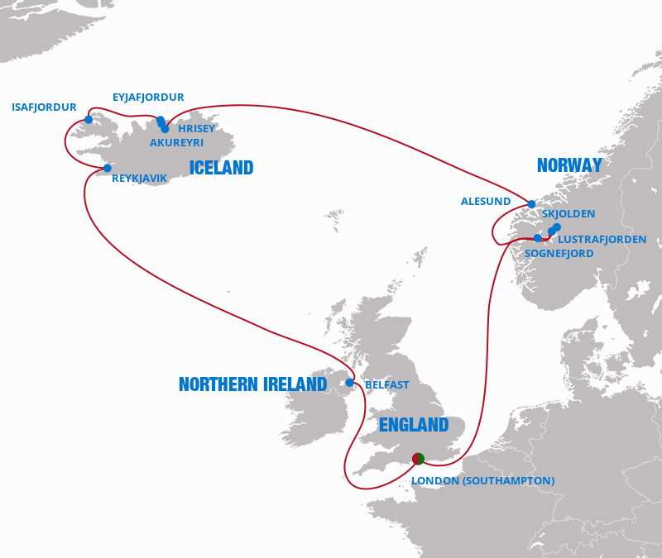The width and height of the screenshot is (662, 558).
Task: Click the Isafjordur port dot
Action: point(89,120)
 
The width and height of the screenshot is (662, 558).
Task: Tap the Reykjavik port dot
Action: point(107,169)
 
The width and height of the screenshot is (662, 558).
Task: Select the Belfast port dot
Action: point(350,383)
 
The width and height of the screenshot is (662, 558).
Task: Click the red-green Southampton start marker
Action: point(418,458)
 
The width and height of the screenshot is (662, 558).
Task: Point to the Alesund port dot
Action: point(531,204)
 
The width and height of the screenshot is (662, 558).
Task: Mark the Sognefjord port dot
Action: point(537,238)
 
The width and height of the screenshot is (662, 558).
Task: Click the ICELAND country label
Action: point(221,169)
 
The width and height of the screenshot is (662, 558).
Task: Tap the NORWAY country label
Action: point(569,165)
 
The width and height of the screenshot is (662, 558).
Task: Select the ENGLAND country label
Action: point(413,425)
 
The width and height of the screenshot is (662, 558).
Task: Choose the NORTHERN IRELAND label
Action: point(253,384)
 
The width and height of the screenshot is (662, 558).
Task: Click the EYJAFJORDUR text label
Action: point(148,98)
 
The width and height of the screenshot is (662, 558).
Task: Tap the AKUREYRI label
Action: point(176,143)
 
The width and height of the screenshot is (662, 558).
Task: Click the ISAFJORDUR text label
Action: point(44,107)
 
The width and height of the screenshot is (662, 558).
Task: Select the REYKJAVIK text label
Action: point(139,178)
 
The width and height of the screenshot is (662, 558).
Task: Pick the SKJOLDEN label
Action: point(568,214)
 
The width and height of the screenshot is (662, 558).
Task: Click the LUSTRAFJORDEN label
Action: point(603,240)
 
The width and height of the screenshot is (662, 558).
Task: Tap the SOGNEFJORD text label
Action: point(559,254)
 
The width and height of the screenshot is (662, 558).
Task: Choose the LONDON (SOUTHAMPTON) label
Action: point(482,481)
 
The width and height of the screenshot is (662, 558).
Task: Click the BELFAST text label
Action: point(387,385)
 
